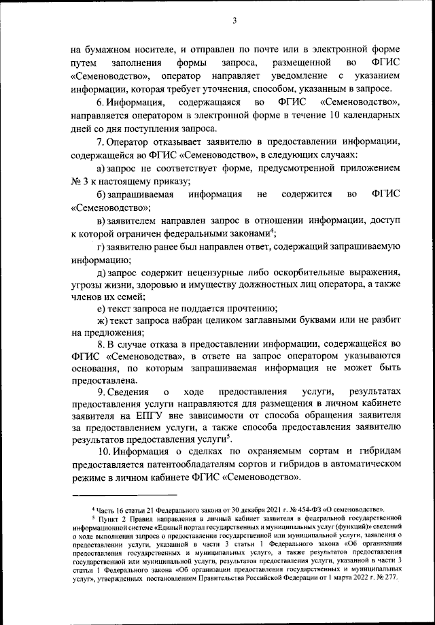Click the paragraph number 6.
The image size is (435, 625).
tap(100, 102)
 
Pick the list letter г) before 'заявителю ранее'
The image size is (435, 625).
tap(101, 246)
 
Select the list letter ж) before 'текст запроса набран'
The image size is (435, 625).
tap(102, 320)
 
